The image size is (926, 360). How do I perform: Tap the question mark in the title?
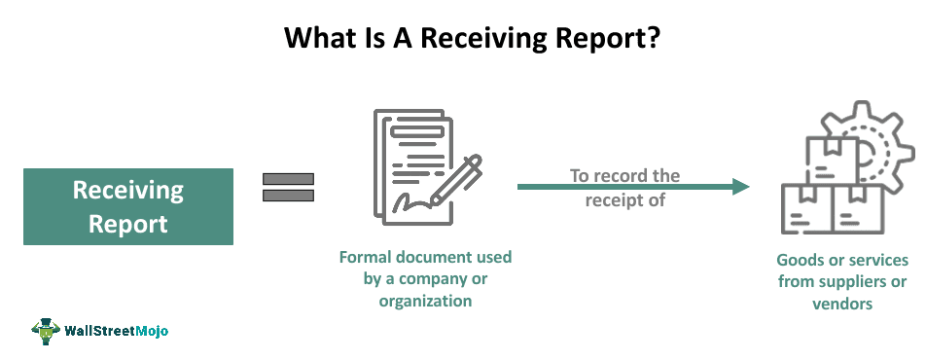pyautogui.click(x=633, y=39)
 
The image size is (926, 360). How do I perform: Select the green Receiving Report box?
pyautogui.click(x=128, y=206)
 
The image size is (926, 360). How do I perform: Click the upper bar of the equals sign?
pyautogui.click(x=288, y=178)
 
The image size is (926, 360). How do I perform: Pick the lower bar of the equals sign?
pyautogui.click(x=288, y=196)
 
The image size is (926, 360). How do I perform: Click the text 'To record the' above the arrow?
pyautogui.click(x=623, y=175)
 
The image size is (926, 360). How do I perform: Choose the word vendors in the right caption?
pyautogui.click(x=842, y=303)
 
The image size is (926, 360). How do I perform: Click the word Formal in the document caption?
pyautogui.click(x=366, y=258)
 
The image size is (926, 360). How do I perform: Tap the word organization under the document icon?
pyautogui.click(x=425, y=301)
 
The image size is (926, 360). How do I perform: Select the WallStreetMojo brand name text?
pyautogui.click(x=116, y=331)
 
